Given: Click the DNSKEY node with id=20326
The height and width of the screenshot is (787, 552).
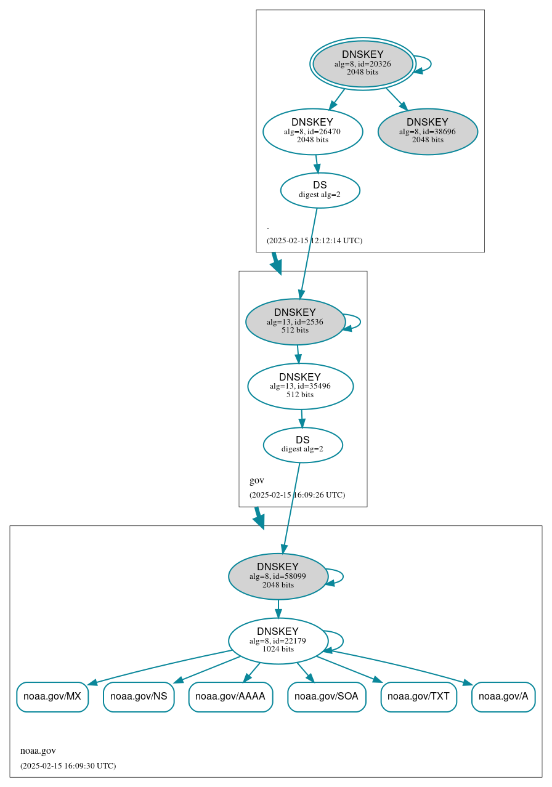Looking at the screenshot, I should [363, 63].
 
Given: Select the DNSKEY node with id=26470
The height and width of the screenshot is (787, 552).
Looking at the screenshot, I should [312, 131].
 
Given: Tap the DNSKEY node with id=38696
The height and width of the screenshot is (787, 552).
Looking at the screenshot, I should [428, 131].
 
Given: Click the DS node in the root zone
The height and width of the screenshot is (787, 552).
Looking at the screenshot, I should [320, 190].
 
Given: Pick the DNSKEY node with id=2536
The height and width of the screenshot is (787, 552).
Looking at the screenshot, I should [295, 321].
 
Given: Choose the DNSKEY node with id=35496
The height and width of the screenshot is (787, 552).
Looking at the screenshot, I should [300, 386].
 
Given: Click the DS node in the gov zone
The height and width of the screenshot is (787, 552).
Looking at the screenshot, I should [302, 445].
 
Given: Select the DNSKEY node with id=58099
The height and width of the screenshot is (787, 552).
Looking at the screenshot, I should [278, 576].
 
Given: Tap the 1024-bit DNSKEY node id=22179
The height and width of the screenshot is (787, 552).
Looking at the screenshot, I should [278, 640].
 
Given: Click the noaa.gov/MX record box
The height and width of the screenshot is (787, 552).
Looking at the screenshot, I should [52, 696].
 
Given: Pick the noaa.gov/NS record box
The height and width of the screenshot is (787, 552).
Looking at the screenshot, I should [139, 696].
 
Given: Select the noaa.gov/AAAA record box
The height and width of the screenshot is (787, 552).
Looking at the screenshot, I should [230, 696].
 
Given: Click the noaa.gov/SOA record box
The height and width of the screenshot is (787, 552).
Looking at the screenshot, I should [327, 696].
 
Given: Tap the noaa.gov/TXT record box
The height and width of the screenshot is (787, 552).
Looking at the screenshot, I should [419, 696].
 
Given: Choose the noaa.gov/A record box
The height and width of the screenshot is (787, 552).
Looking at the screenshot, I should [503, 696].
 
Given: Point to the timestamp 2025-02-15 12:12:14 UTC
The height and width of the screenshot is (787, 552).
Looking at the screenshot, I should [314, 240].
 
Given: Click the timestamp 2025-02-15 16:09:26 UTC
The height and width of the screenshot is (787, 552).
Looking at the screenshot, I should [297, 494].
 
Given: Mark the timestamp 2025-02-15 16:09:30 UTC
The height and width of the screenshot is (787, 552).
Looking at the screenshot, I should [68, 765].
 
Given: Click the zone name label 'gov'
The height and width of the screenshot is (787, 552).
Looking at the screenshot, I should [257, 480].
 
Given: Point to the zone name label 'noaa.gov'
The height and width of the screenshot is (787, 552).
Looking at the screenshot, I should [38, 751].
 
